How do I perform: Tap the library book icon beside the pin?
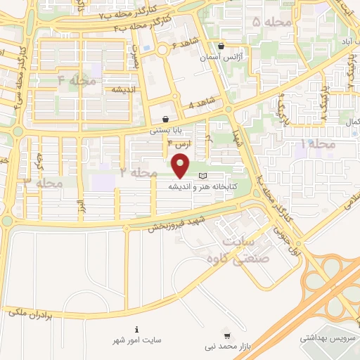(204, 175)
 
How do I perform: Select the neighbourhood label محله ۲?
(138, 172)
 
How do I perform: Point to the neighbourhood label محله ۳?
(44, 183)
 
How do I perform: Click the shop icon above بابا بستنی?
(165, 119)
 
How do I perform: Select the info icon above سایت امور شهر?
(136, 329)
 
